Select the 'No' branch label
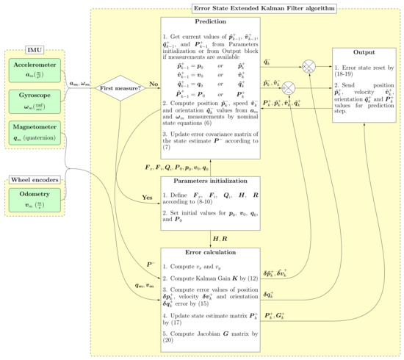point(154,83)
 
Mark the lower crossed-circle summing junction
point(290,87)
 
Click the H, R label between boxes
point(220,239)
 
